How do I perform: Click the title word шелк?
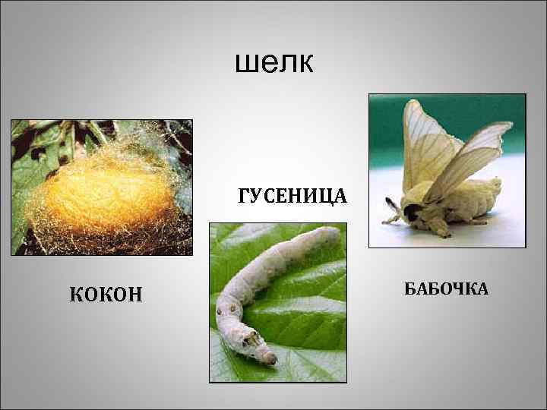pyautogui.click(x=273, y=64)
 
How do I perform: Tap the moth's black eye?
pyautogui.click(x=411, y=213)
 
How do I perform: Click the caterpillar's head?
pyautogui.click(x=263, y=352)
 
